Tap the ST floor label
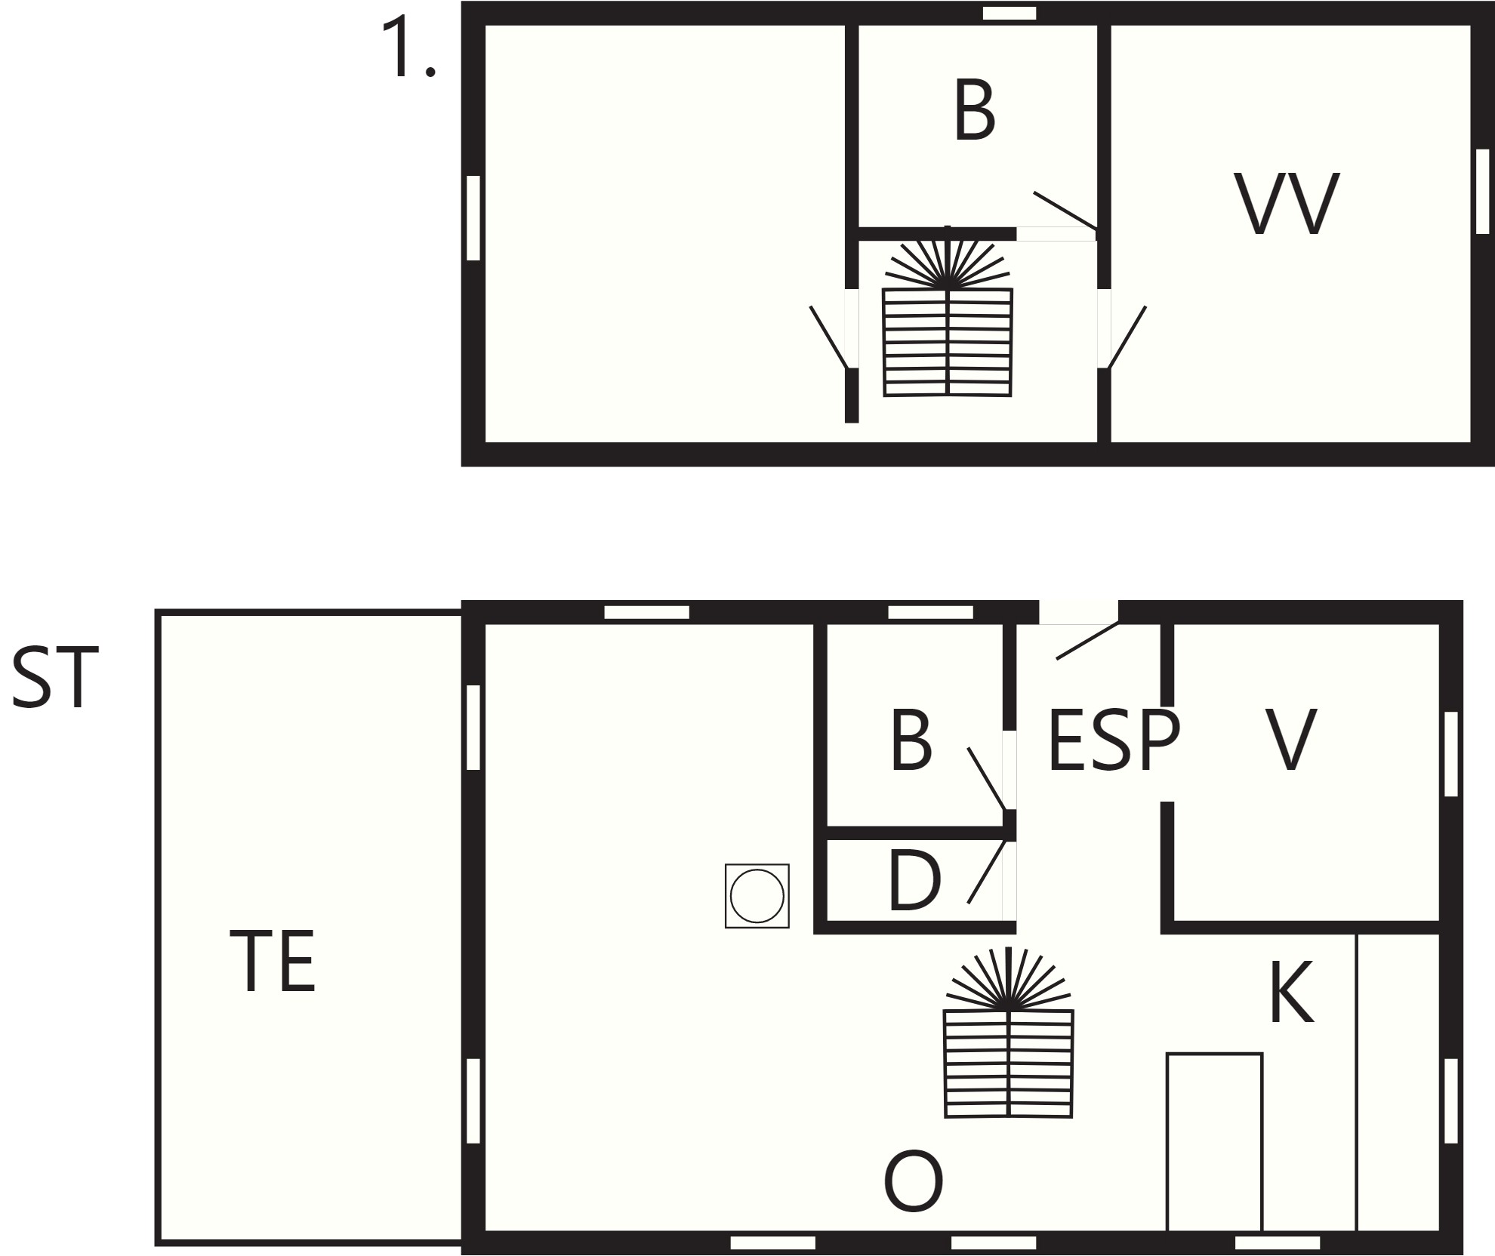pos(55,677)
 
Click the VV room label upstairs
pos(1286,204)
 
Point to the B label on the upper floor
pos(974,111)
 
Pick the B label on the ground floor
pos(911,740)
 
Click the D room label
pos(914,880)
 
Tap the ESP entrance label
pos(1114,740)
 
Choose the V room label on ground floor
pos(1291,740)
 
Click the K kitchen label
pos(1292,991)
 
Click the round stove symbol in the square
pos(757,896)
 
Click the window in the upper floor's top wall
pos(1010,13)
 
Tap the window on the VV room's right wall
pos(1482,191)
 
